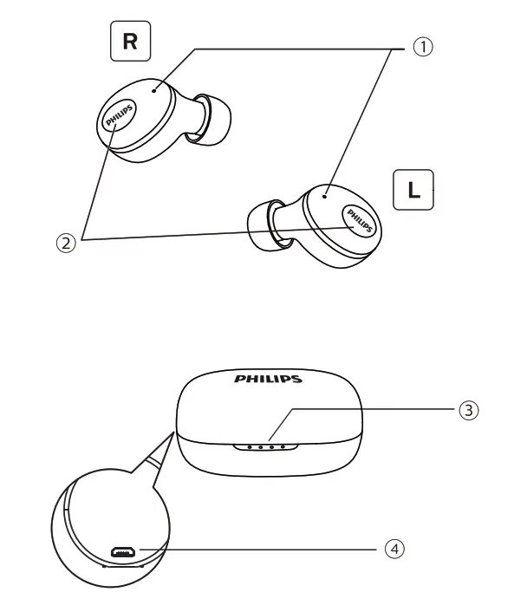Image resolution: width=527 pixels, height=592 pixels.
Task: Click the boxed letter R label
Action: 131,42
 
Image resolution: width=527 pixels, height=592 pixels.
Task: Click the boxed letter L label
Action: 413,190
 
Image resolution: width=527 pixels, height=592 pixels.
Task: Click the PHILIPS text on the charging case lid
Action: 269,379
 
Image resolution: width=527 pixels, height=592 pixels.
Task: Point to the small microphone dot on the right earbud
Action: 153,88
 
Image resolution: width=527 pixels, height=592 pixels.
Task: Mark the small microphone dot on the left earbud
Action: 324,196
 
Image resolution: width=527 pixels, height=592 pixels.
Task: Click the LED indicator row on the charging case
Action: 266,448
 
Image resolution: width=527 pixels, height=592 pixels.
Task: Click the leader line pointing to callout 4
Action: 260,549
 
